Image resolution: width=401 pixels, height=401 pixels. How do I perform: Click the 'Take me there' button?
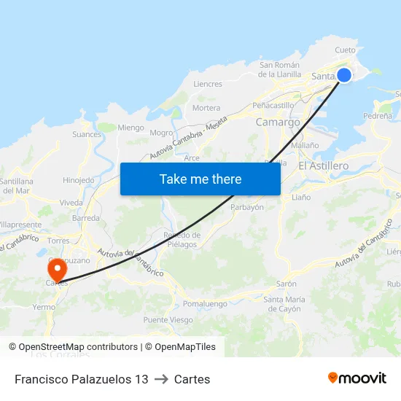coord(200,179)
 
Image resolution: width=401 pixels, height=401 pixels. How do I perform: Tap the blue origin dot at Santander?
coord(344,75)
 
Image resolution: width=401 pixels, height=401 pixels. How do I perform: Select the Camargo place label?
coord(278,122)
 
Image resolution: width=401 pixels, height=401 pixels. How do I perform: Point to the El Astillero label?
coord(323,166)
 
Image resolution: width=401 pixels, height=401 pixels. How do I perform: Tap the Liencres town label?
coord(208,84)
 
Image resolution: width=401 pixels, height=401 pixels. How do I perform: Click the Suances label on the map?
coord(87,134)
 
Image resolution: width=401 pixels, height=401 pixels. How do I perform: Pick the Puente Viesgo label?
coord(168,320)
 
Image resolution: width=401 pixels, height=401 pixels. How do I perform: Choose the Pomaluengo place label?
coord(205,303)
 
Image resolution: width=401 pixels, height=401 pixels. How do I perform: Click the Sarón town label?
coord(286,284)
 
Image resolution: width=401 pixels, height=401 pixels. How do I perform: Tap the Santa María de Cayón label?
coord(284,303)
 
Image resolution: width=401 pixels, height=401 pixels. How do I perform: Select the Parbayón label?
coord(247,207)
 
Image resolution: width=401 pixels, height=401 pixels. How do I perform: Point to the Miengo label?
coord(131,128)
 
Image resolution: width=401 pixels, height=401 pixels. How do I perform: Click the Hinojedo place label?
coord(79,180)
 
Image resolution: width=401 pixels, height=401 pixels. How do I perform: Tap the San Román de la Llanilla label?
coord(281,69)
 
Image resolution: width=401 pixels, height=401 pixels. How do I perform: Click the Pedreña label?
coord(378,115)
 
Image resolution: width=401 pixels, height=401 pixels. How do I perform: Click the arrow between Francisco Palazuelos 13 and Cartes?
coord(161,379)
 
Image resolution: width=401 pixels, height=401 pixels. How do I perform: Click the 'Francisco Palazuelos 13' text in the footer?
coord(81,379)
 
